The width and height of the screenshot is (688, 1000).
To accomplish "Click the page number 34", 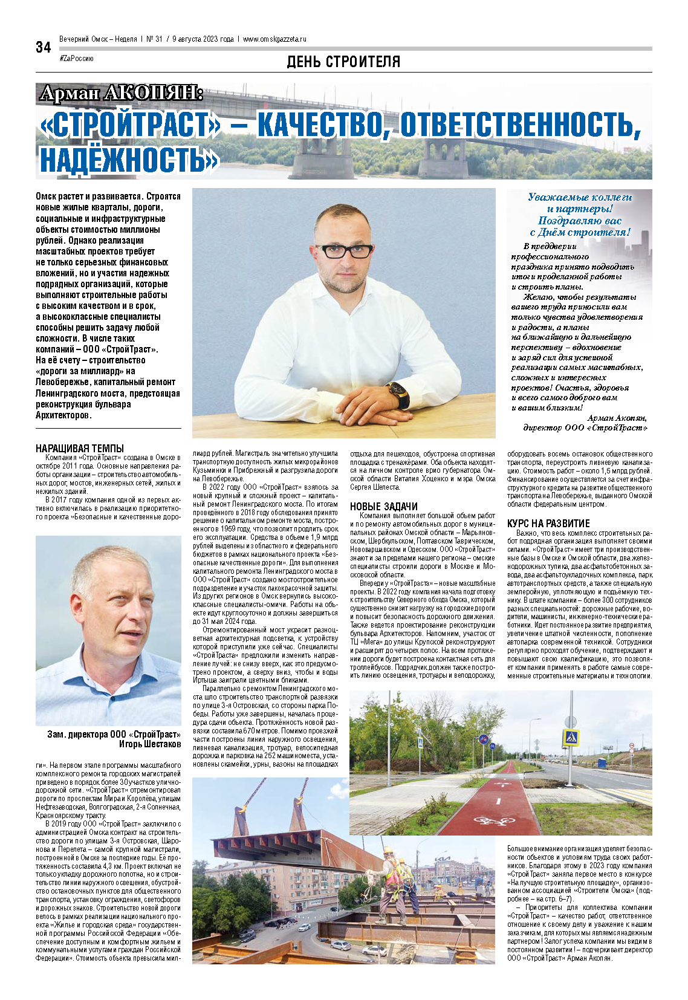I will tap(44, 48).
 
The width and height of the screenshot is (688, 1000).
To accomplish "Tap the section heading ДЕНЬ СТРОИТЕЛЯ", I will tap(343, 62).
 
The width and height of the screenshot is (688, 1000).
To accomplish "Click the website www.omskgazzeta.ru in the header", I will tap(274, 39).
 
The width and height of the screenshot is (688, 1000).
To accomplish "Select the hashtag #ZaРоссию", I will tap(76, 58).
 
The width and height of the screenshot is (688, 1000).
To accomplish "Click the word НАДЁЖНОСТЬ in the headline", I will tap(128, 160).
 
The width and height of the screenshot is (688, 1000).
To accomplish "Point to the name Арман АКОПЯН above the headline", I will tap(121, 94).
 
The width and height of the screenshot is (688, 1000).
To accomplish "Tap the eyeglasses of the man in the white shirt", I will tap(343, 251).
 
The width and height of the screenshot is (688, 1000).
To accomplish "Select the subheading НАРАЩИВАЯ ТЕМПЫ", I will tap(80, 449).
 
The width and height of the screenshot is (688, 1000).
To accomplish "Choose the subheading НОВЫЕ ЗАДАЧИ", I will tap(384, 507).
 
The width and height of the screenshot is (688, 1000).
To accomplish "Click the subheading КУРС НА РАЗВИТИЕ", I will tap(548, 524).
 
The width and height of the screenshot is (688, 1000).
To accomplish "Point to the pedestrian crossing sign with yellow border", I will tap(571, 738).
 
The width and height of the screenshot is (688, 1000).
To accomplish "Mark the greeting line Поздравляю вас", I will tap(579, 221).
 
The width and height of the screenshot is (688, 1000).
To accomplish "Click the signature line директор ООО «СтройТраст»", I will tap(585, 427).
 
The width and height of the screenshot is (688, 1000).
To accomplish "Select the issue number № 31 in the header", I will tap(154, 39).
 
